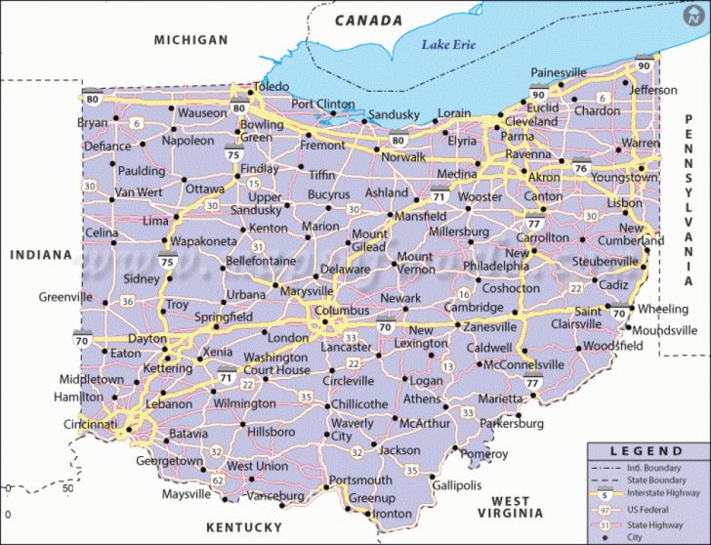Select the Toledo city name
tap(271, 88)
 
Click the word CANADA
tap(368, 20)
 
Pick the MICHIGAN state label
tap(190, 40)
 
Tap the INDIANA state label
tap(41, 255)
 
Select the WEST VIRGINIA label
tap(518, 507)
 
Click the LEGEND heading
tap(647, 450)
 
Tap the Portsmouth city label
tap(360, 481)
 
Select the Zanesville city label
tap(489, 326)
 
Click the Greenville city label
tap(65, 297)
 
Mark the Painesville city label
tap(559, 72)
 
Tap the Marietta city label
tap(500, 398)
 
